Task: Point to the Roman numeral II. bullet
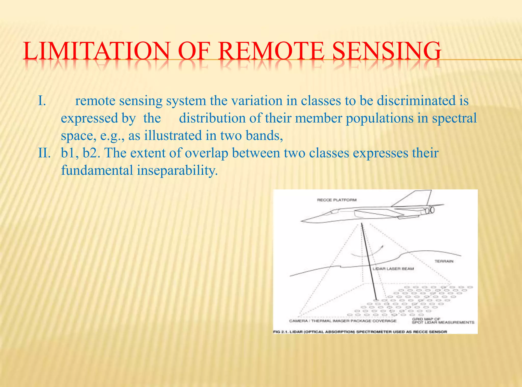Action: (44, 153)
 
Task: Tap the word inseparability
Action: (177, 171)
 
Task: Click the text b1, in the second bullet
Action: (70, 153)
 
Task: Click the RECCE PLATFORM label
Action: (336, 200)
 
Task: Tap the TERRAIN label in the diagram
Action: (444, 261)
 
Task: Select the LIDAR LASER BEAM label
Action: (393, 269)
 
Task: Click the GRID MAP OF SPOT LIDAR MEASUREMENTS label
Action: (443, 321)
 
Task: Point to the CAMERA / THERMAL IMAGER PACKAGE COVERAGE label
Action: (343, 321)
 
